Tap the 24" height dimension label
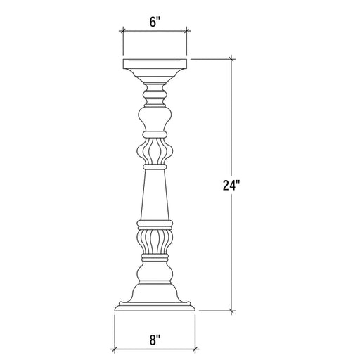pyautogui.click(x=231, y=186)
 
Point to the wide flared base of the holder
pyautogui.click(x=155, y=299)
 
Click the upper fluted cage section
pyautogui.click(x=155, y=150)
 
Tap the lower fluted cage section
pyautogui.click(x=155, y=243)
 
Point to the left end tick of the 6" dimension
pyautogui.click(x=123, y=30)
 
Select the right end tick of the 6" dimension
pyautogui.click(x=186, y=30)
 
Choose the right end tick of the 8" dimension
pyautogui.click(x=195, y=349)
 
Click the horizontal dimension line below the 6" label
pyautogui.click(x=155, y=30)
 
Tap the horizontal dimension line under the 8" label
pyautogui.click(x=155, y=349)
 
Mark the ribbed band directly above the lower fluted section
pyautogui.click(x=155, y=224)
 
